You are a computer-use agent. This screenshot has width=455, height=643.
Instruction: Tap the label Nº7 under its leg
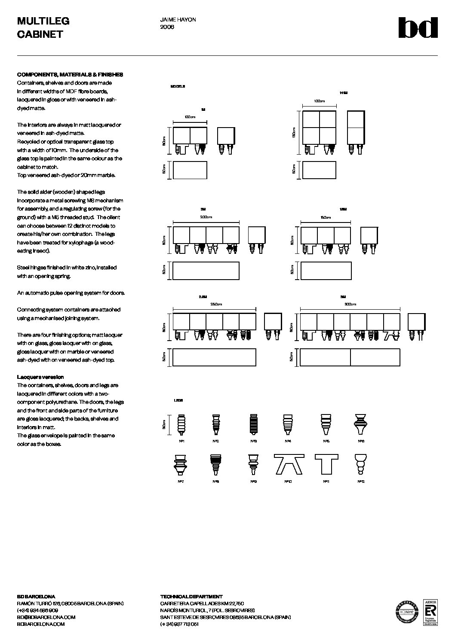tap(180, 481)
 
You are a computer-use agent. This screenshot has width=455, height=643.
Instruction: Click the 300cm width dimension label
tap(350, 304)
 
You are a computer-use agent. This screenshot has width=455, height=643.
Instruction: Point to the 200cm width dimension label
tap(206, 217)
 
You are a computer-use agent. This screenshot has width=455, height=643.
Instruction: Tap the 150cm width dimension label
tap(326, 217)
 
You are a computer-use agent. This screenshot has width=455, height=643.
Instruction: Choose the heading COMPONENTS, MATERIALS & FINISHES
tap(70, 74)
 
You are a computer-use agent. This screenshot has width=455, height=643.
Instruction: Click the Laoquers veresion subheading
tap(40, 377)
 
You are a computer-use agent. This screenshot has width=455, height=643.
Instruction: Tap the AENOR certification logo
tap(430, 612)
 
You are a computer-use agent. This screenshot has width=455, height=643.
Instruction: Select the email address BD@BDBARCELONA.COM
tap(46, 617)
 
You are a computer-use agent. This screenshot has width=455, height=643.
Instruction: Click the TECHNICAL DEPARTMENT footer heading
tap(191, 597)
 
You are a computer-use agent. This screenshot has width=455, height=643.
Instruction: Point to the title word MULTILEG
tap(43, 21)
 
